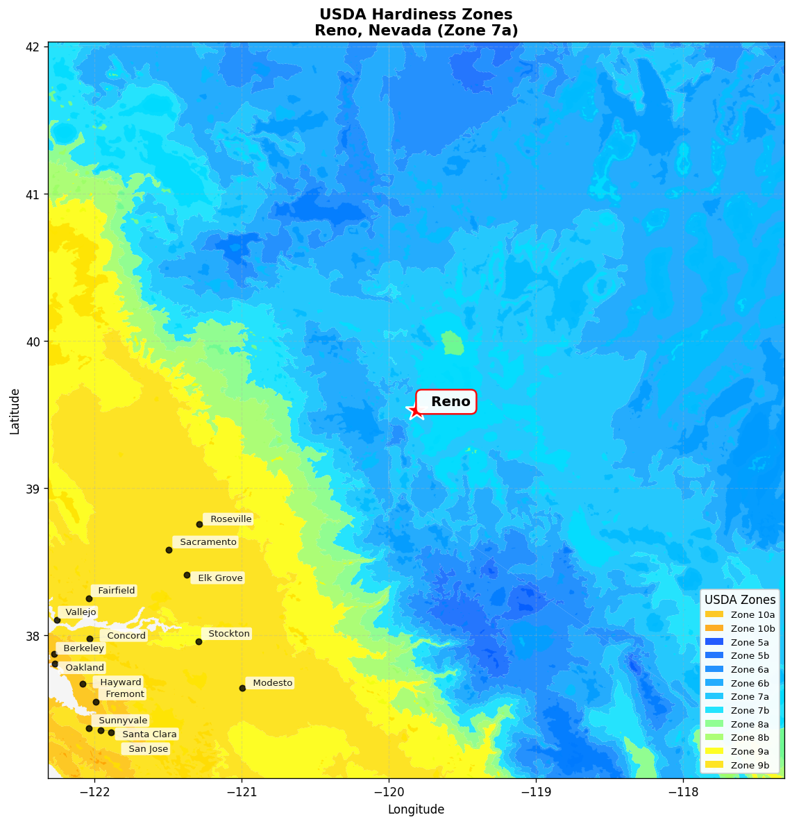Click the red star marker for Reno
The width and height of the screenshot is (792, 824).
[415, 411]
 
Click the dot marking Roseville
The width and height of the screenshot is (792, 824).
[199, 524]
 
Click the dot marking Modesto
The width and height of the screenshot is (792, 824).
[242, 688]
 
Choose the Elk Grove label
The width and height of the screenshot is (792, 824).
[219, 578]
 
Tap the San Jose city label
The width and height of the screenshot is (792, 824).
[147, 749]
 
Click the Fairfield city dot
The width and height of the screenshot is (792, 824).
[89, 598]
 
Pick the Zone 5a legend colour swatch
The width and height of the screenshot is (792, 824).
[714, 642]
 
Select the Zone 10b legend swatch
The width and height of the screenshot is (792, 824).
[714, 628]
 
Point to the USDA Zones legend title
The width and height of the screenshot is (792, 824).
[740, 600]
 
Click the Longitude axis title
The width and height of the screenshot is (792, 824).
[416, 809]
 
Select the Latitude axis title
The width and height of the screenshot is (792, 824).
[15, 411]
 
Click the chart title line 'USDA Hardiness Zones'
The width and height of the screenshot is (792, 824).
[416, 15]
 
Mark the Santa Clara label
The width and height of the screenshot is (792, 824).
[149, 734]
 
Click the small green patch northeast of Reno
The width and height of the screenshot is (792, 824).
[453, 343]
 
